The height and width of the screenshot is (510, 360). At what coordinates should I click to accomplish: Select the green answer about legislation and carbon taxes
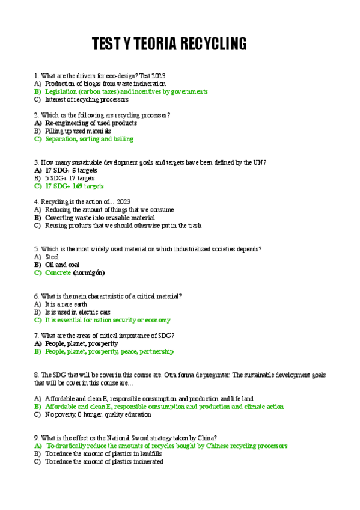[126, 92]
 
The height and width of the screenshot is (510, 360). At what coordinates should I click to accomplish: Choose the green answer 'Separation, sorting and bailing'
[89, 139]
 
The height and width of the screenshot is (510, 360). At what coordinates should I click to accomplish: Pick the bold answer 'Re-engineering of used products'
[91, 123]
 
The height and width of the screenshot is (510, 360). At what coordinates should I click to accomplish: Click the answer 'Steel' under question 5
[52, 257]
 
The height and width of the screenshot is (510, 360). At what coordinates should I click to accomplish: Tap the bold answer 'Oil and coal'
[62, 265]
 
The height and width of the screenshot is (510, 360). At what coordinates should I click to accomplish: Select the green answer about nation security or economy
[108, 320]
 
